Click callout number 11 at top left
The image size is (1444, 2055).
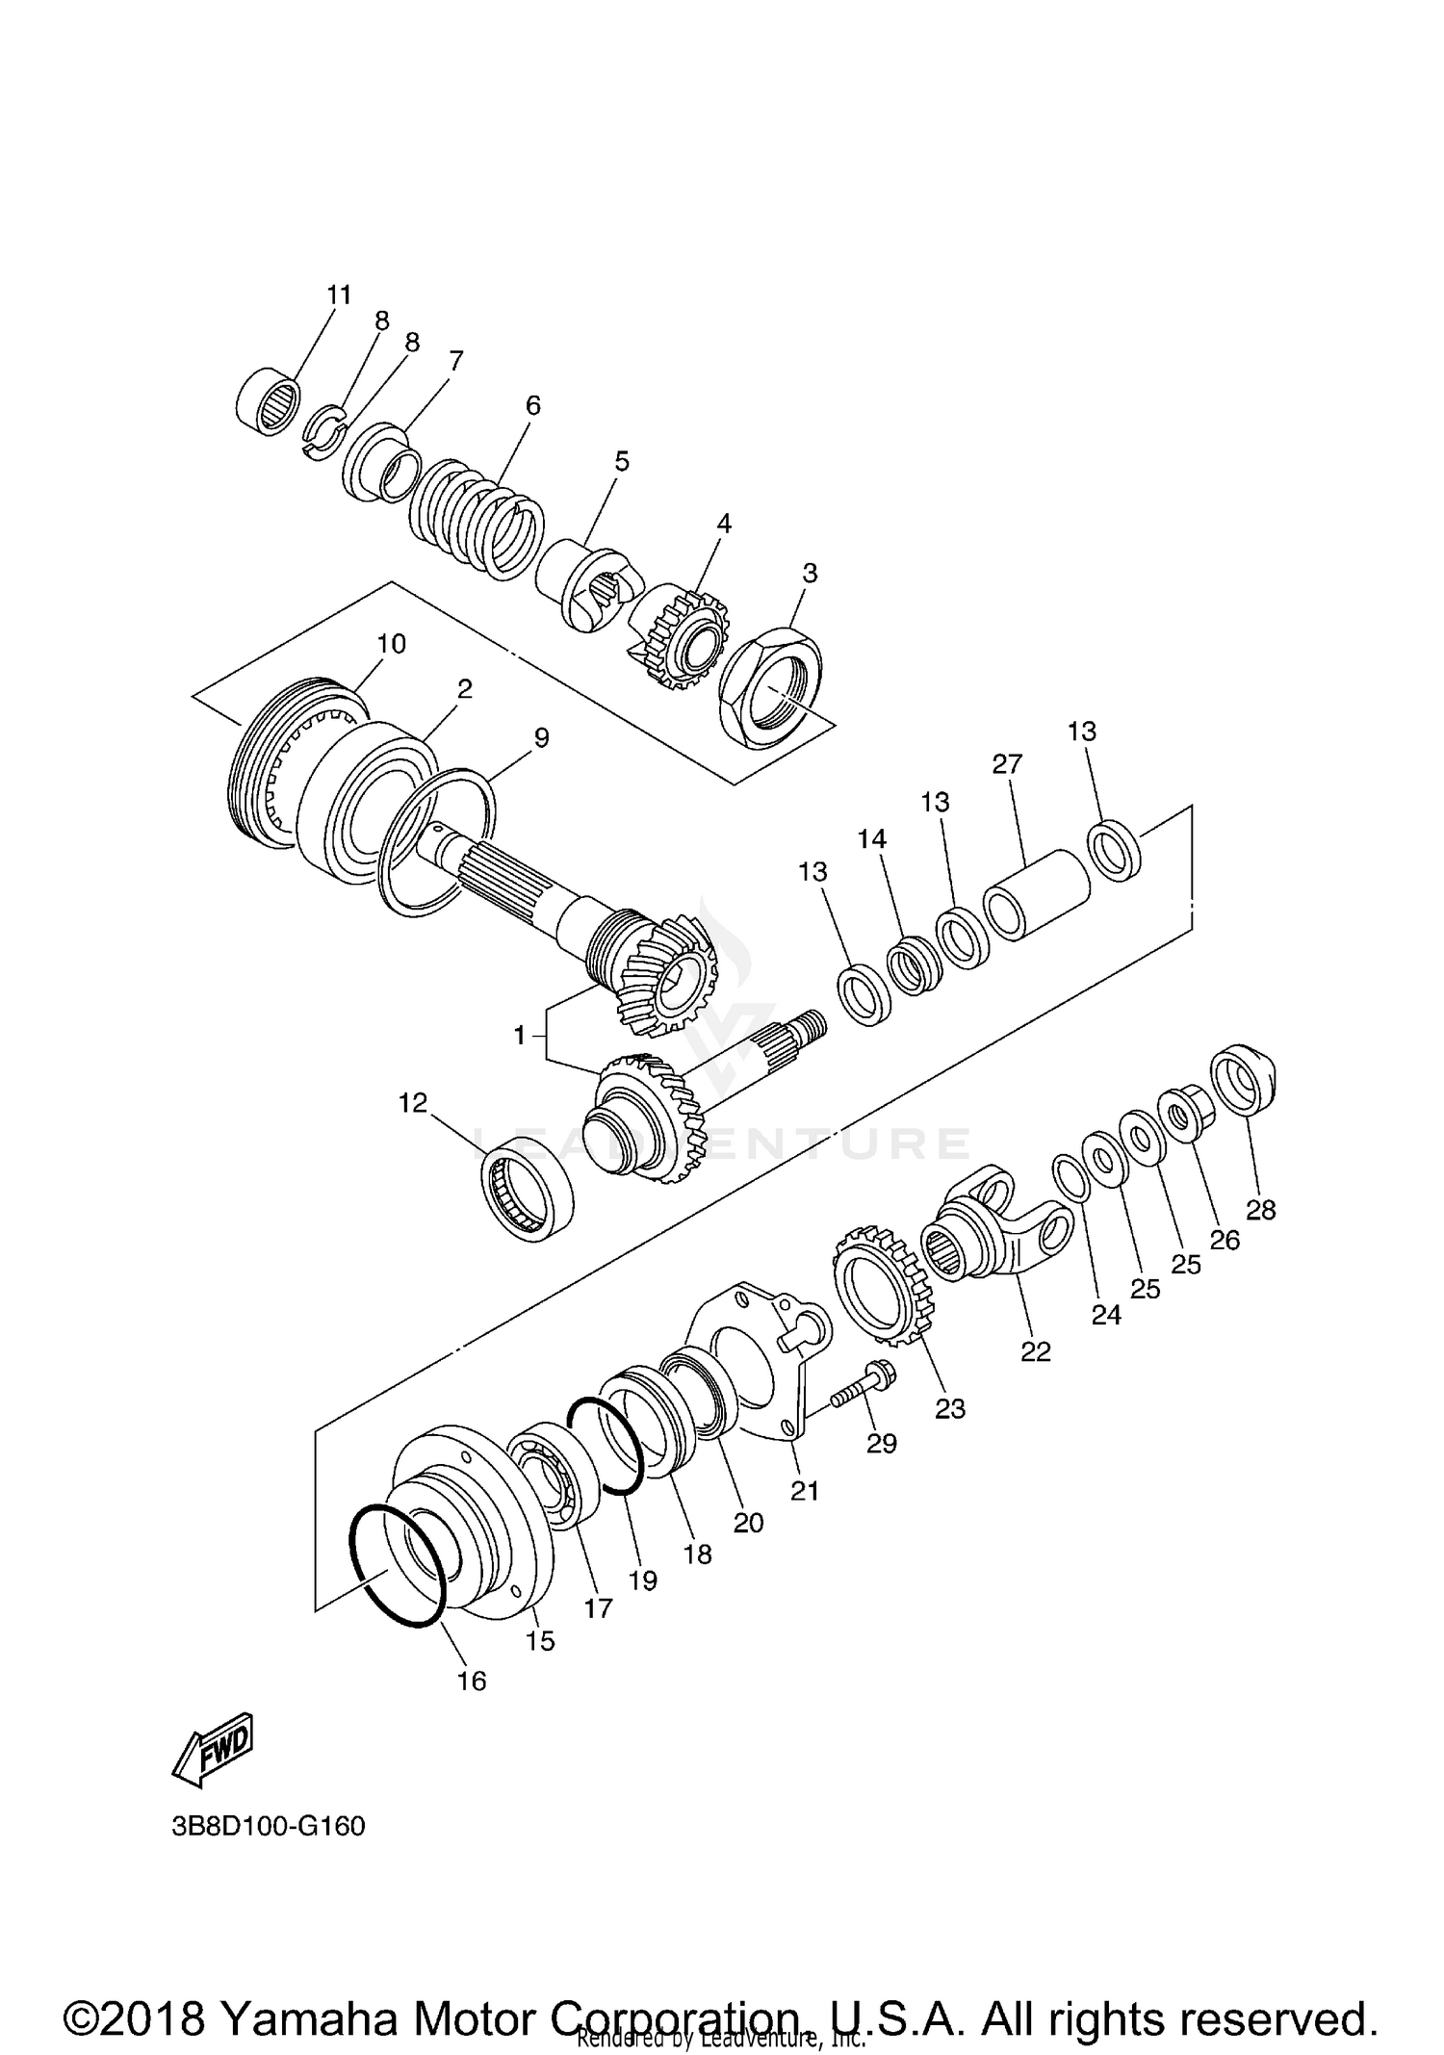pyautogui.click(x=339, y=295)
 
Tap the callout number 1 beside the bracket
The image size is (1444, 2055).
pyautogui.click(x=520, y=1036)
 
